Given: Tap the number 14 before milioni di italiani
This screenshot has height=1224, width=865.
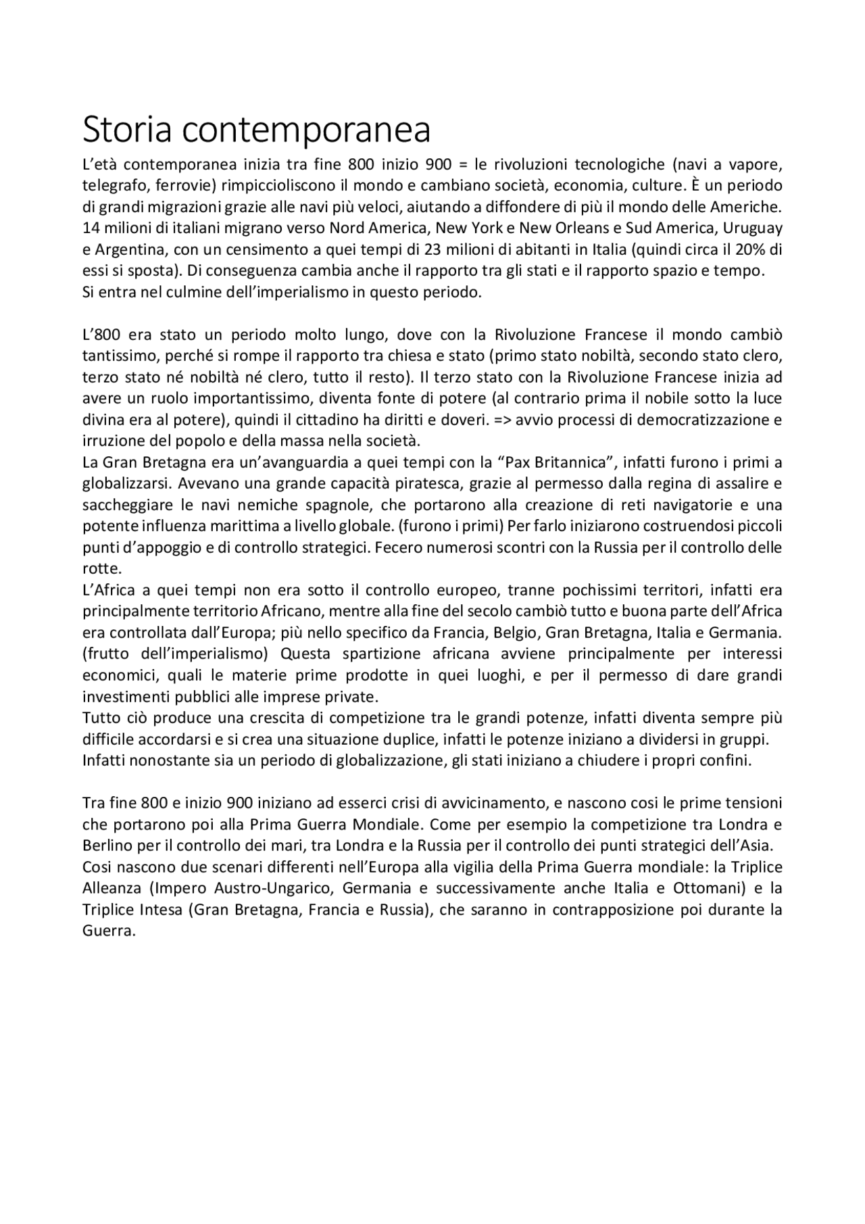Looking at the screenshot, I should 91,228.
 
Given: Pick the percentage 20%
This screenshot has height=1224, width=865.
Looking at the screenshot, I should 753,249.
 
